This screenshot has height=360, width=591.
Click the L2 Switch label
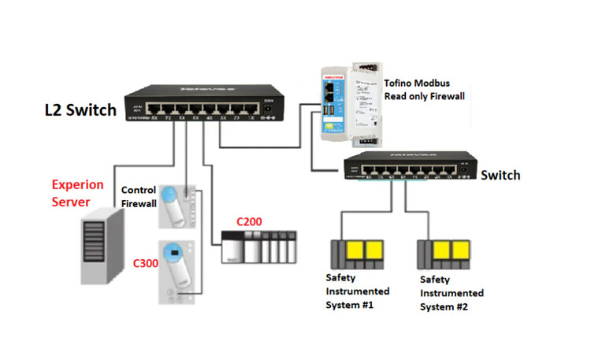tap(80, 111)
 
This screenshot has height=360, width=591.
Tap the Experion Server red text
tap(77, 193)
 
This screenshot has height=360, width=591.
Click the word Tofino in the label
tap(400, 82)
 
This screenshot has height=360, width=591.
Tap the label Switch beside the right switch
tap(500, 175)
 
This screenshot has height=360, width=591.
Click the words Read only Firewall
tap(423, 96)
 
